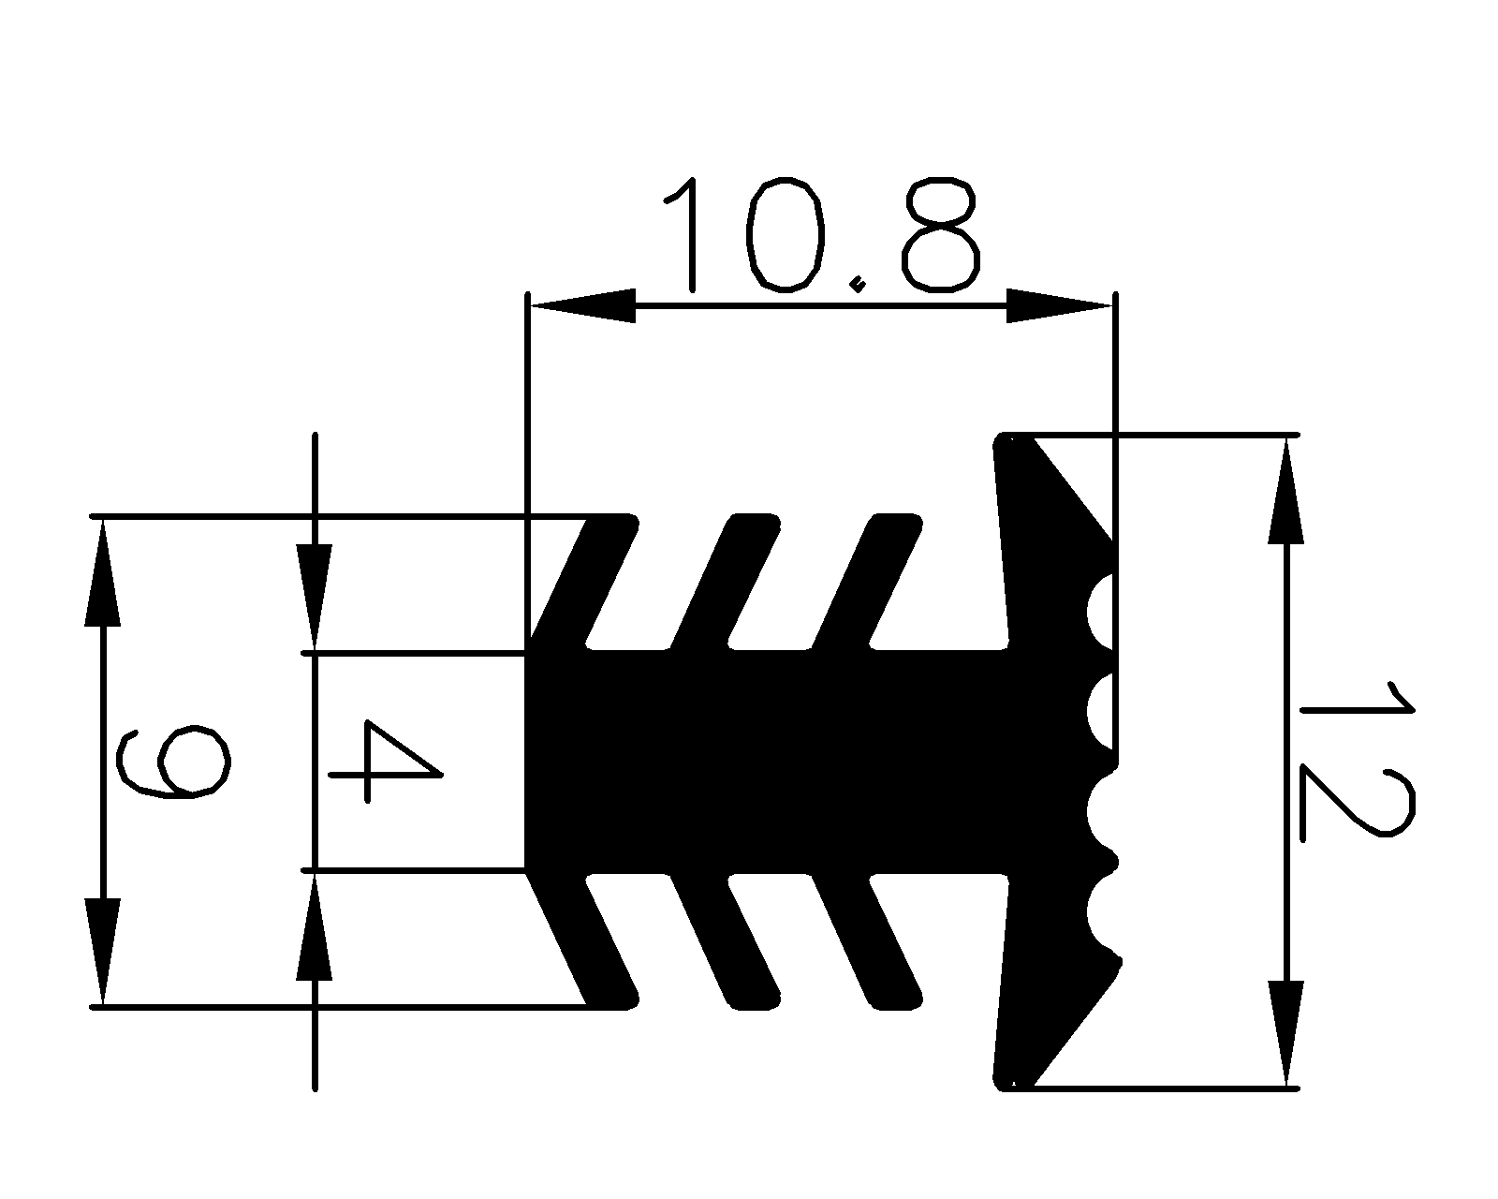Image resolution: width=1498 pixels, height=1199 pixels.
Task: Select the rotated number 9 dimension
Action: [173, 761]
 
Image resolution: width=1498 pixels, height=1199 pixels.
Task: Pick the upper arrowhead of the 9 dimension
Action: [103, 571]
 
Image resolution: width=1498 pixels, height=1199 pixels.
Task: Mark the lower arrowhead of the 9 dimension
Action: [103, 951]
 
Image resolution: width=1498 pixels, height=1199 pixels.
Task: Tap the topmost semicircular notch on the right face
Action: [1101, 611]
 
